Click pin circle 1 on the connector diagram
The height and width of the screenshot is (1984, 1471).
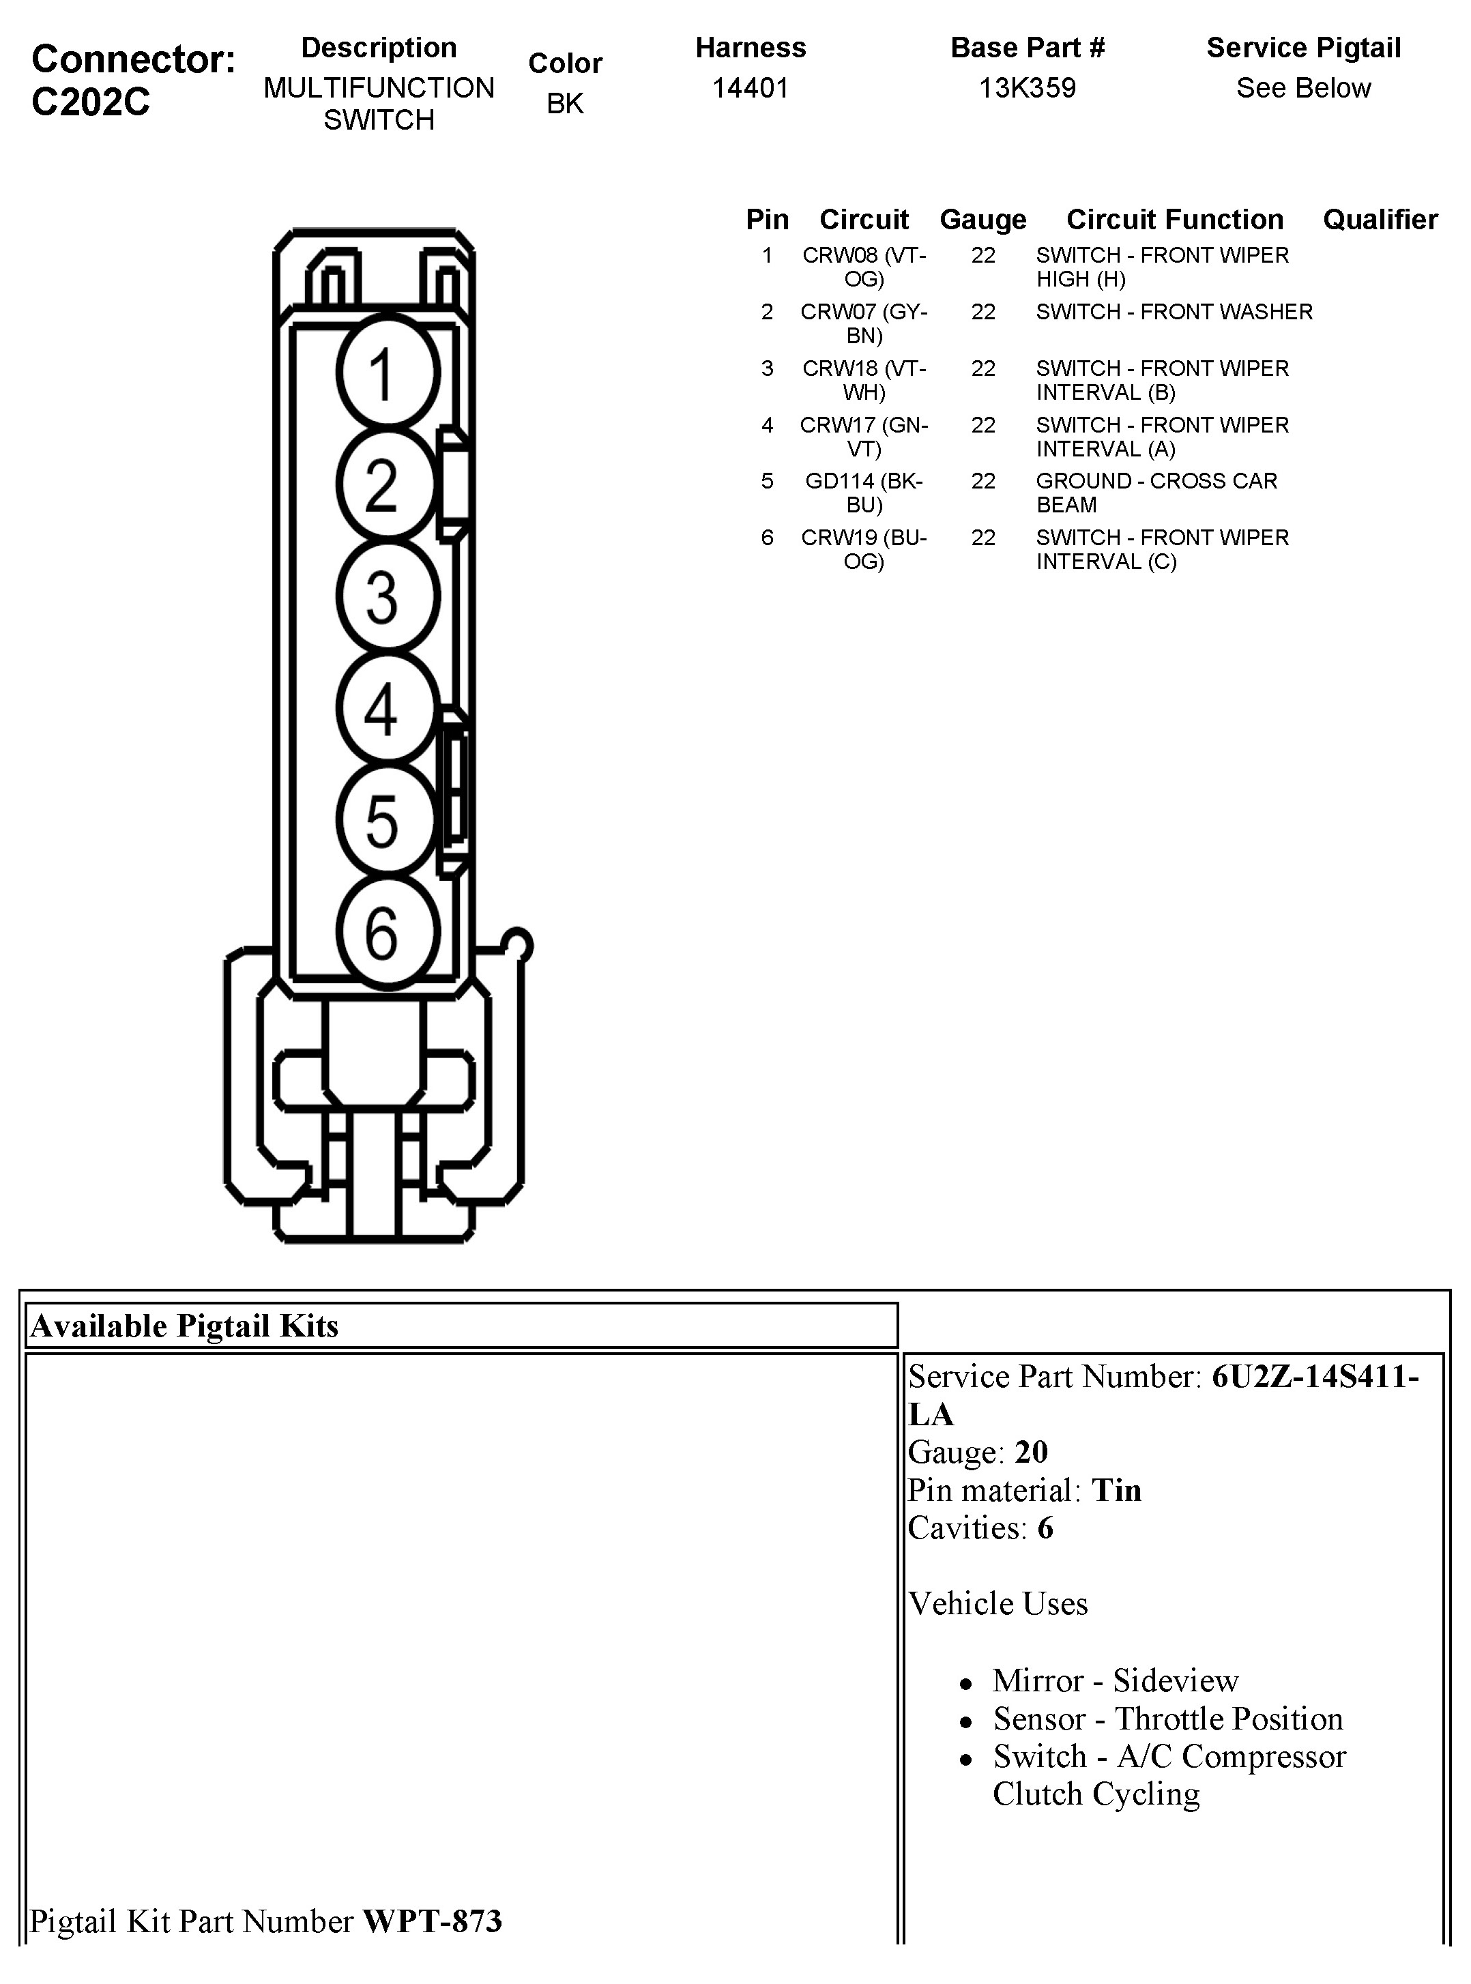pos(388,373)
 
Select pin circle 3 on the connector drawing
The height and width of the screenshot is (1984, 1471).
pos(388,596)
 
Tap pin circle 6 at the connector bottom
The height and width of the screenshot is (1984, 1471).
pos(388,933)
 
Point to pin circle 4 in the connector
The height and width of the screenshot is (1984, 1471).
pos(388,709)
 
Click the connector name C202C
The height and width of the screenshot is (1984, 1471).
pos(91,102)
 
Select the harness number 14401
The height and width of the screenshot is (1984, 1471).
pos(750,88)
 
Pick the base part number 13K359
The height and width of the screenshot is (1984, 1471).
pos(1027,88)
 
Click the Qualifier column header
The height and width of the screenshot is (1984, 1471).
pos(1380,219)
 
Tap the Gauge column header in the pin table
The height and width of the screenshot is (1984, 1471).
pos(982,219)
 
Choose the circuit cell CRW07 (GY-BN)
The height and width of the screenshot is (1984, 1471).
pos(864,323)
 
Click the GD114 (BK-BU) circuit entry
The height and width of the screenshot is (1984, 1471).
pos(864,493)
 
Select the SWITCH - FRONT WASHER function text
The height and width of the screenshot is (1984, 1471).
pos(1174,312)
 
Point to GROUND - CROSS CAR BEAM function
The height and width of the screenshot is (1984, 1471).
pos(1156,493)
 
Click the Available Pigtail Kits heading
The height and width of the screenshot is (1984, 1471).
pos(184,1326)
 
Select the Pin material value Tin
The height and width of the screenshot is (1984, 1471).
pos(1117,1490)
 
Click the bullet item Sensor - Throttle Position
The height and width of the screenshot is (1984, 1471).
pos(1167,1719)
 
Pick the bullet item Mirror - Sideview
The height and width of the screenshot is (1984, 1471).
pos(1115,1680)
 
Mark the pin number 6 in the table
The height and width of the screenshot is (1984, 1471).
pos(767,538)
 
